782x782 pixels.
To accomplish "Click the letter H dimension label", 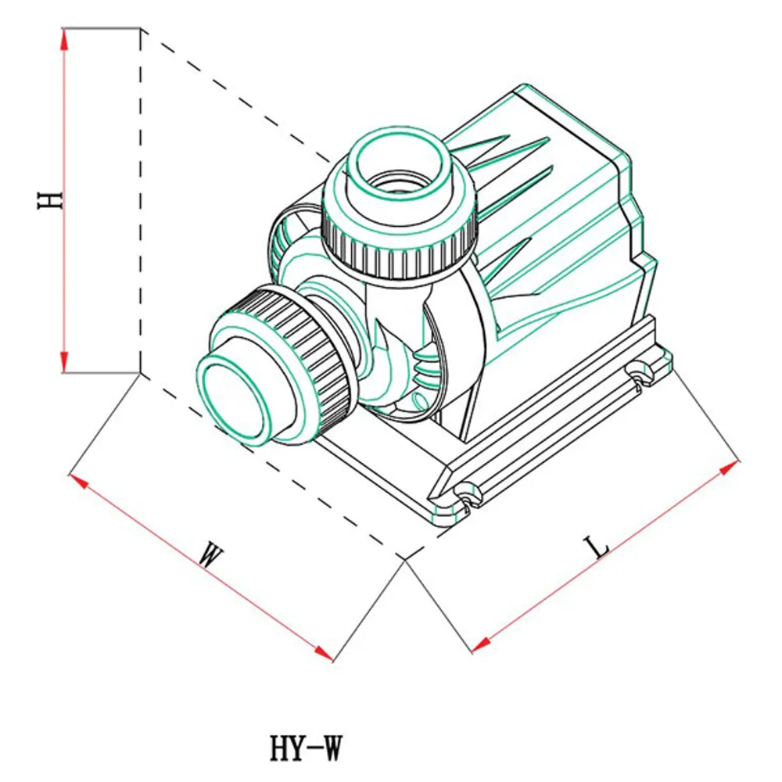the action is (50, 200).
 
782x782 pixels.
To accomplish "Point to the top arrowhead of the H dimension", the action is (64, 38).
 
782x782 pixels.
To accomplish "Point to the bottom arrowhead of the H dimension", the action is (64, 361).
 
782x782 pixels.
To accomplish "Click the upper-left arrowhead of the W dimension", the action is (77, 481).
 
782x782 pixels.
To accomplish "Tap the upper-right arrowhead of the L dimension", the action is (729, 468).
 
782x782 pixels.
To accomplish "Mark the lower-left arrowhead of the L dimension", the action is (481, 644).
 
